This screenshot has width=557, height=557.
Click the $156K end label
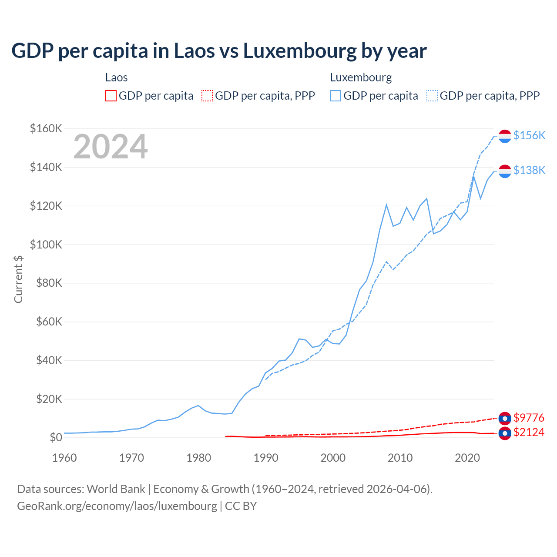point(529,135)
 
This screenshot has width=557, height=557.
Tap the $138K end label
point(529,170)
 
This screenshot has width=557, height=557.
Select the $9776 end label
point(529,418)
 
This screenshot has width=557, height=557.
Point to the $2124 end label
point(529,432)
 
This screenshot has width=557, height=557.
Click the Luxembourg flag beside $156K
point(505,136)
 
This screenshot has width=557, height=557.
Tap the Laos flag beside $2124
point(505,433)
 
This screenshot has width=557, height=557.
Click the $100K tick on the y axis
point(46,245)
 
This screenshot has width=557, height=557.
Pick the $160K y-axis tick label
point(46,128)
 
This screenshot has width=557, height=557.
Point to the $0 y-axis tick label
point(56,438)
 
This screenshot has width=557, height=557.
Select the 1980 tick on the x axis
point(198,458)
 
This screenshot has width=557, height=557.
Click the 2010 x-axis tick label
point(400,458)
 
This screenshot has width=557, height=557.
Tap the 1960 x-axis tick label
point(64,458)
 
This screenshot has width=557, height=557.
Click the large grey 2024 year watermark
point(111,147)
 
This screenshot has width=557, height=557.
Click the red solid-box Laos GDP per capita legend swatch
point(111,96)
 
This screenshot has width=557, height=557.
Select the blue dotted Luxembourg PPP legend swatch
point(432,96)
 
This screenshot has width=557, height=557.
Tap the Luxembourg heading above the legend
point(361,77)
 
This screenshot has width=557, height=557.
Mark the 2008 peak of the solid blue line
point(386,205)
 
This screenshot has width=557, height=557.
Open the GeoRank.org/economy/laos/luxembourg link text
point(117,506)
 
